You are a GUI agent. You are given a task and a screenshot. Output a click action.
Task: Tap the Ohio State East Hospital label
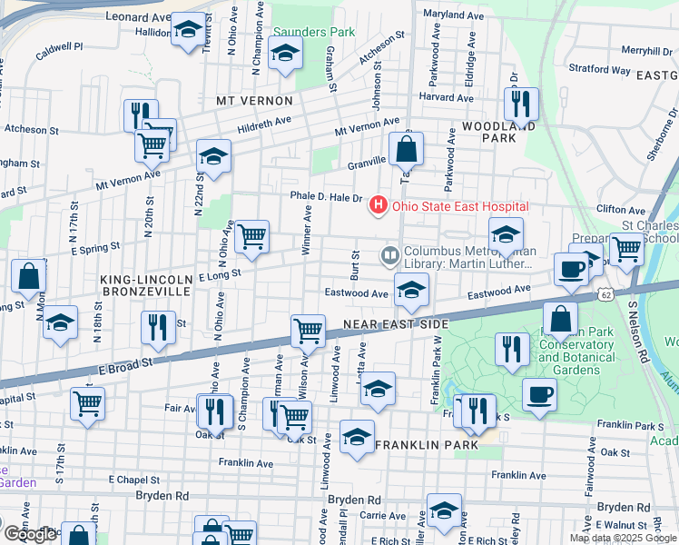point(459,207)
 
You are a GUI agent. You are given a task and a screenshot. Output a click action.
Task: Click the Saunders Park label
point(314,32)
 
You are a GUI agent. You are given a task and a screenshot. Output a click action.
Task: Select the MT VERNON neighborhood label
point(254,101)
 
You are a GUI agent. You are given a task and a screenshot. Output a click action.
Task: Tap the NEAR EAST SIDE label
point(396,324)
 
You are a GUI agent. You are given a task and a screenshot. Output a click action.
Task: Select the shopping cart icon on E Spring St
point(251,235)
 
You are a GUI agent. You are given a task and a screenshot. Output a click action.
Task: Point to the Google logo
point(30,534)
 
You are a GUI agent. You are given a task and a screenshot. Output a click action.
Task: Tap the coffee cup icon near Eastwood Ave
point(571,268)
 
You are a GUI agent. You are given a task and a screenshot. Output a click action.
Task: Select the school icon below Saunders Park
point(285,54)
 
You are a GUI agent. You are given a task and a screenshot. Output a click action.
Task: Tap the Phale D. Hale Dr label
point(326,196)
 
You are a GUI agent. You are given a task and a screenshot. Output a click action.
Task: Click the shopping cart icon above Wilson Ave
point(309,330)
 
